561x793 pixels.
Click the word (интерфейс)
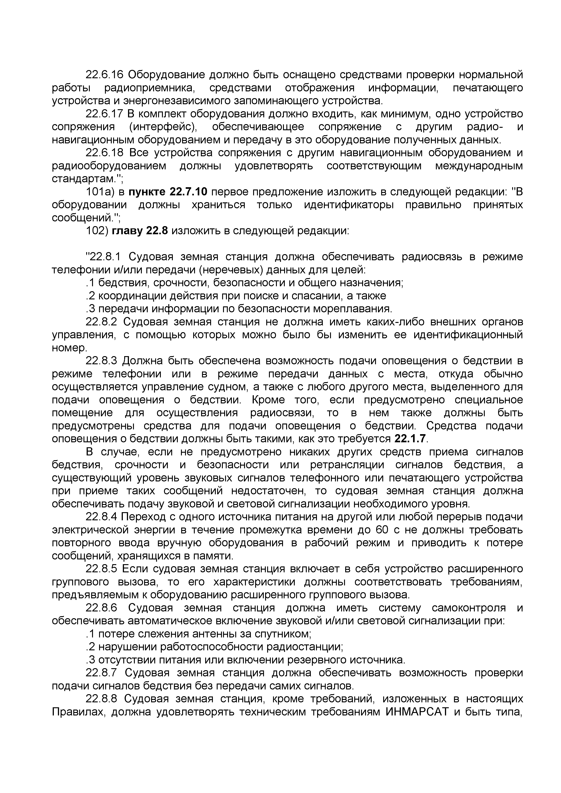pos(163,127)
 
